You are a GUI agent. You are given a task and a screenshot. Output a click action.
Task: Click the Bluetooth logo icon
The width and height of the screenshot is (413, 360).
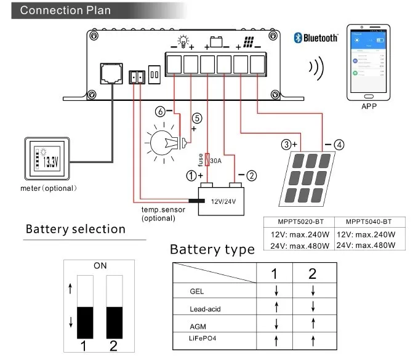tap(299, 38)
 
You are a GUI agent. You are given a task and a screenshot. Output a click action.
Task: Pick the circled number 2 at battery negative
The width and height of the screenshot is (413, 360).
tap(251, 175)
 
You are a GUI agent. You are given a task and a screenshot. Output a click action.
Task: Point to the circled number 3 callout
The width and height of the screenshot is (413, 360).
tap(285, 145)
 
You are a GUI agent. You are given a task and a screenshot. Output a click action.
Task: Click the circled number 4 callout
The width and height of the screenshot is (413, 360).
tap(339, 145)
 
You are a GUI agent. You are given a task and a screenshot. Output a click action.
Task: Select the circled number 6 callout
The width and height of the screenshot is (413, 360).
tap(161, 112)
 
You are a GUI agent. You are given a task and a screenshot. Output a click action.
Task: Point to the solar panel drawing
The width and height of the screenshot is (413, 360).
tap(307, 179)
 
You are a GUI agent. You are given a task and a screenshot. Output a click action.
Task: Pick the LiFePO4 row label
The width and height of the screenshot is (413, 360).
tap(198, 337)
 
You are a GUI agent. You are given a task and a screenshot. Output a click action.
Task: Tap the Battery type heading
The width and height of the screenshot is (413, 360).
tap(212, 250)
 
